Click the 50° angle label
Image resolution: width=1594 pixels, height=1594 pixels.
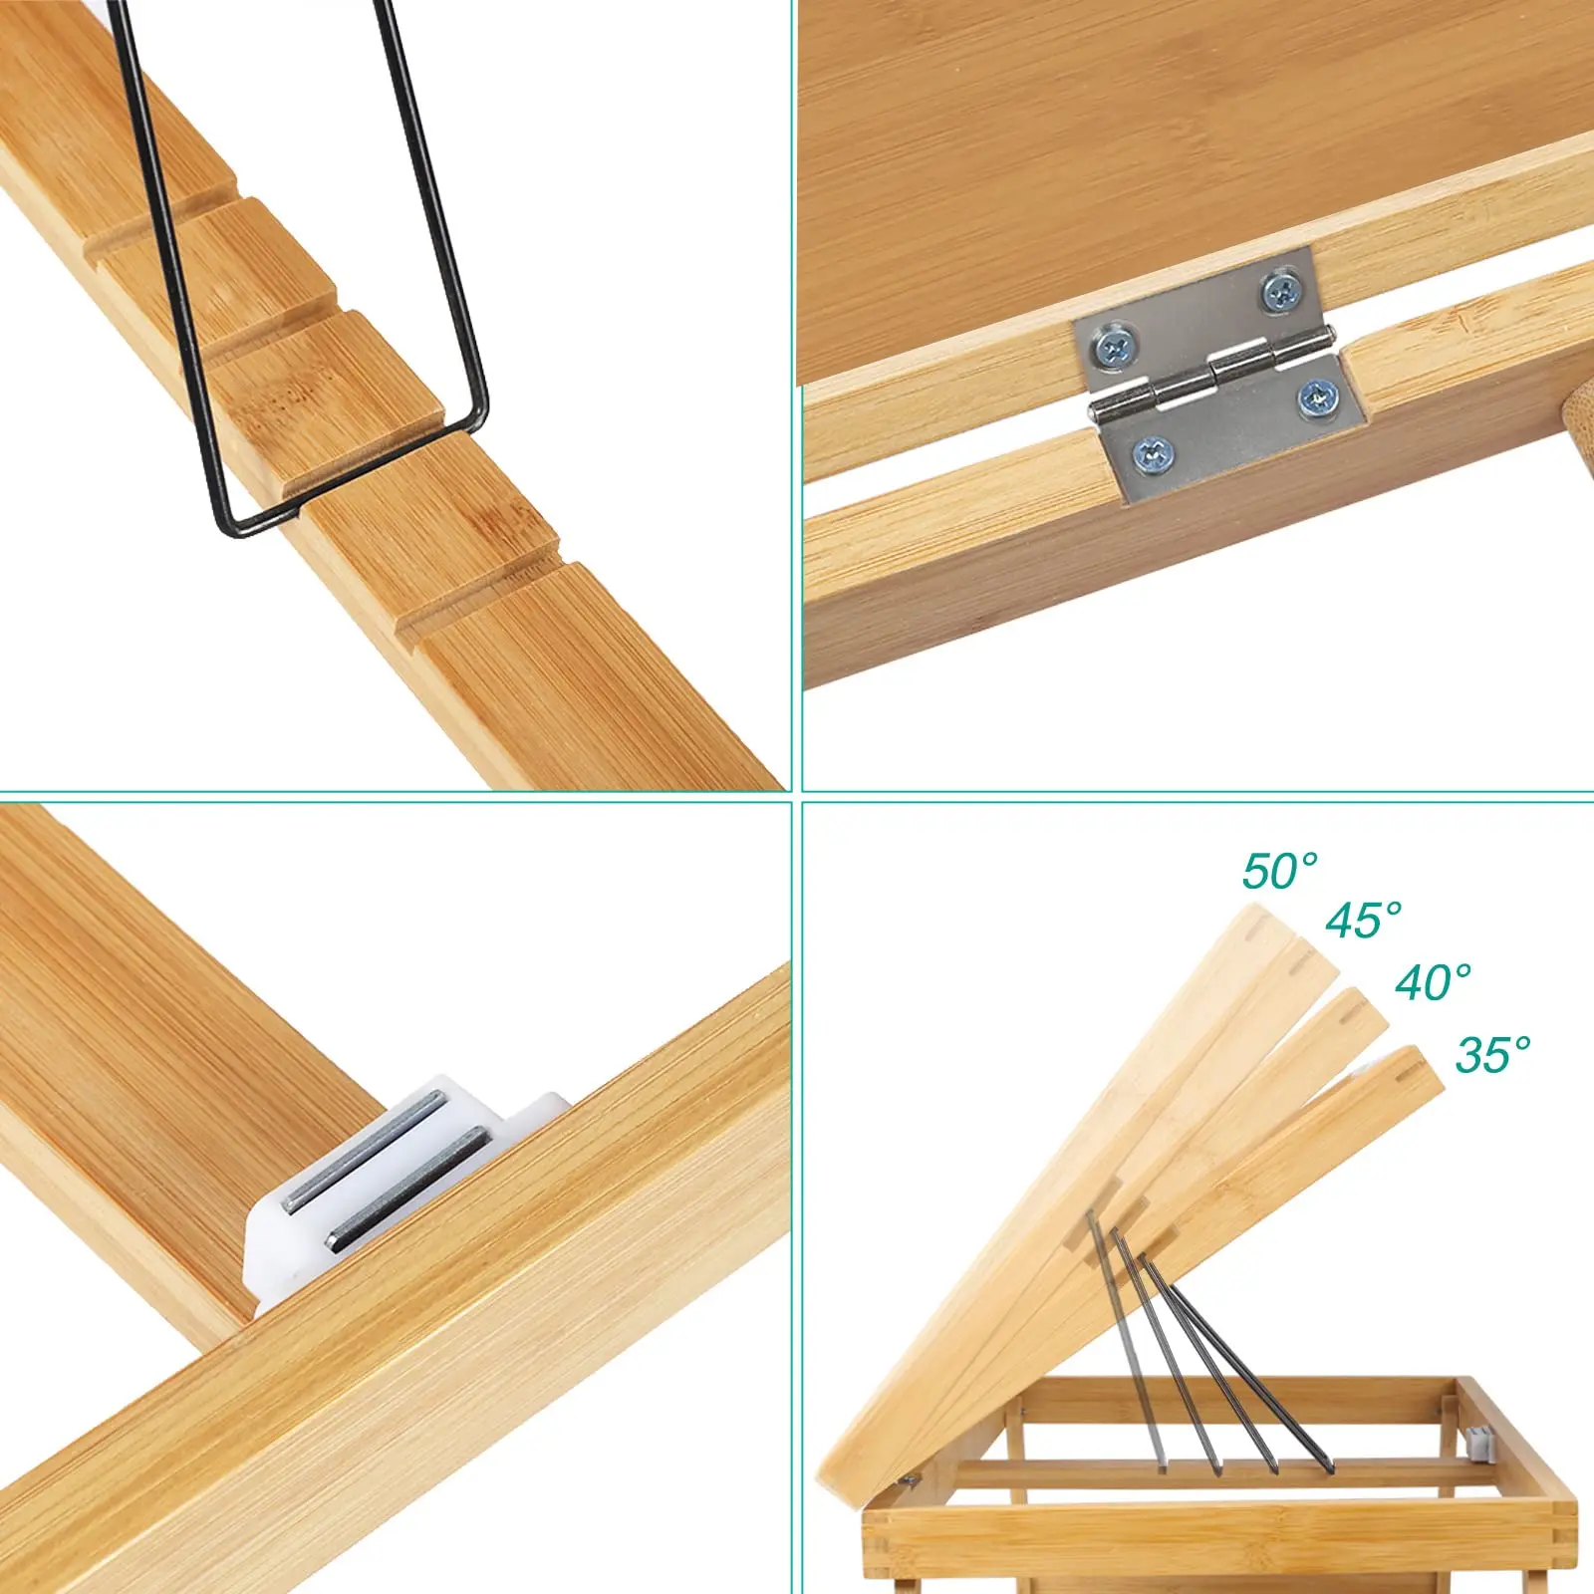[1280, 871]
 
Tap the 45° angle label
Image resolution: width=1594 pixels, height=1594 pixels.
[1363, 920]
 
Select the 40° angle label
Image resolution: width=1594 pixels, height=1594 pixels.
[1433, 982]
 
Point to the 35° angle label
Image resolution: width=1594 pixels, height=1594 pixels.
[1492, 1054]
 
